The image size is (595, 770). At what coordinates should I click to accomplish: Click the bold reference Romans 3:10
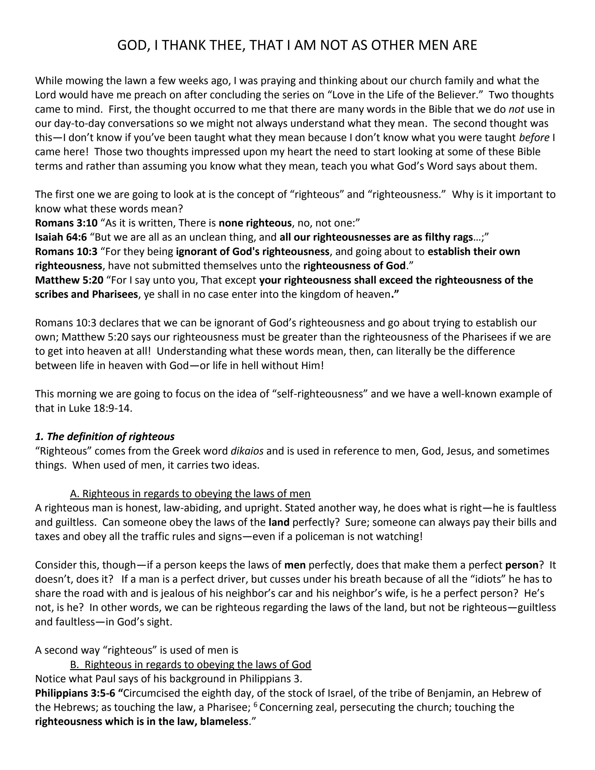66,223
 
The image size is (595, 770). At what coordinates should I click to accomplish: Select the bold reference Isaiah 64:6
61,237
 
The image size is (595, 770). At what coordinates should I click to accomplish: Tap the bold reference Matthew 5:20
69,280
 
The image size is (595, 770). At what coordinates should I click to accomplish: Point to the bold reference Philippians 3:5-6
75,693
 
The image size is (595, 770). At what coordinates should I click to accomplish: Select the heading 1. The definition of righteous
105,436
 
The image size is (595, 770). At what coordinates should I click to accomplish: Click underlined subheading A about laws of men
190,494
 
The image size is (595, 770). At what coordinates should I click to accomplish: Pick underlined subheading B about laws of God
191,664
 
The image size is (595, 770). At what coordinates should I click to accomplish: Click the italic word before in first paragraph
534,137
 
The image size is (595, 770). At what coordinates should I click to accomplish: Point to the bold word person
521,565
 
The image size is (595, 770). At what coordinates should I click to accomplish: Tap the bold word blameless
224,722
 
